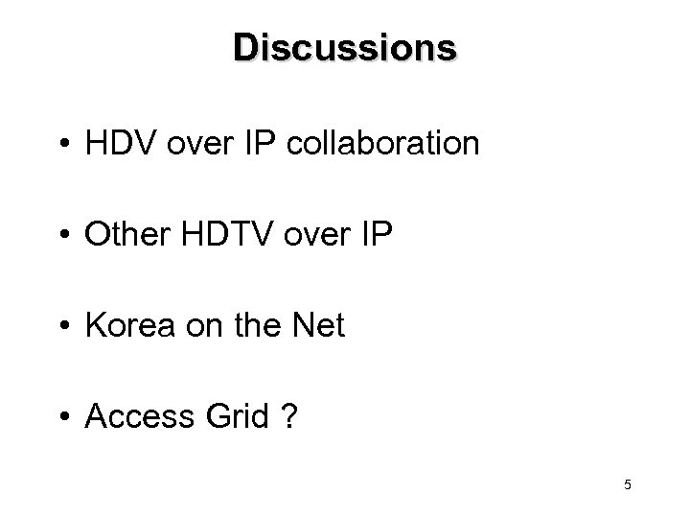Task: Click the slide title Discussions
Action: tap(345, 47)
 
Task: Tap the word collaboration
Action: tap(400, 144)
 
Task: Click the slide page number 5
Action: tap(627, 485)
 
